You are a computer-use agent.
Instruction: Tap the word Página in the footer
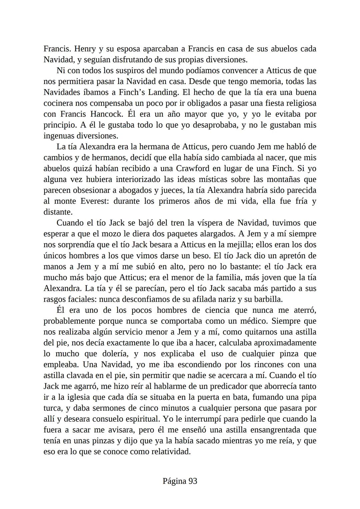coord(174,481)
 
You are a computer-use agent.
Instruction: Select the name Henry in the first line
coord(85,49)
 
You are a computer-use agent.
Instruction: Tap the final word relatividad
coord(171,452)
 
